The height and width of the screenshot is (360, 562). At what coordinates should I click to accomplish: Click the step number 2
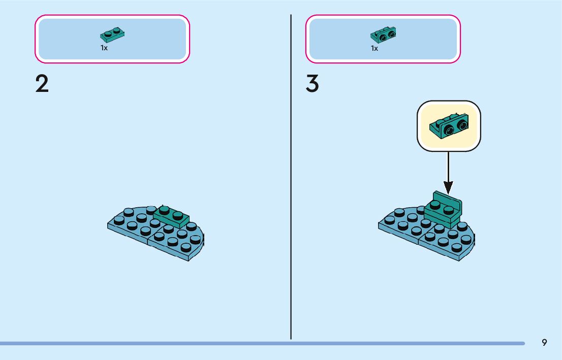pyautogui.click(x=42, y=84)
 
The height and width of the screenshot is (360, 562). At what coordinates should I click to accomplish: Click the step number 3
pyautogui.click(x=313, y=84)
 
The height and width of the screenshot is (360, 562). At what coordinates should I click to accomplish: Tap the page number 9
pyautogui.click(x=544, y=342)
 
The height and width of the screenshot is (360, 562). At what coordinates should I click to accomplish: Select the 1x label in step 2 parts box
pyautogui.click(x=104, y=48)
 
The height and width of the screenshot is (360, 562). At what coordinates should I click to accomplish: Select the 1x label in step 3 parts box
pyautogui.click(x=374, y=48)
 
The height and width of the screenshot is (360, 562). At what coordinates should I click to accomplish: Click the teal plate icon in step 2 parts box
pyautogui.click(x=113, y=35)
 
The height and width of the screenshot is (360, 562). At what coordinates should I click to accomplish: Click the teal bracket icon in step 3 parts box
pyautogui.click(x=384, y=35)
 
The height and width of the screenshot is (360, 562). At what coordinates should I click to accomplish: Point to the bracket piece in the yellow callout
pyautogui.click(x=449, y=126)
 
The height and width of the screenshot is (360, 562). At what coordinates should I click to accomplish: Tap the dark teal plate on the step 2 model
pyautogui.click(x=171, y=216)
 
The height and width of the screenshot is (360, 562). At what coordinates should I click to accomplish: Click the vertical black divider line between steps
pyautogui.click(x=291, y=178)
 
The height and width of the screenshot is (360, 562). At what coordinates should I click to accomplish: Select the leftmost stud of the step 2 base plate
pyautogui.click(x=119, y=220)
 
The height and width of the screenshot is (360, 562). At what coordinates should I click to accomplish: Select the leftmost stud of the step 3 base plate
pyautogui.click(x=390, y=220)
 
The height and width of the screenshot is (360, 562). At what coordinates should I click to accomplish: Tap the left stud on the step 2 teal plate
pyautogui.click(x=164, y=209)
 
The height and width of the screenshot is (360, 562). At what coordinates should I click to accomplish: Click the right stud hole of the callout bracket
pyautogui.click(x=461, y=124)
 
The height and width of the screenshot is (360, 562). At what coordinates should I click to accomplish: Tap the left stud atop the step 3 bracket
pyautogui.click(x=435, y=205)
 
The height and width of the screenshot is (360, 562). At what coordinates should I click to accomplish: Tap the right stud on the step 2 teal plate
pyautogui.click(x=178, y=214)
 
